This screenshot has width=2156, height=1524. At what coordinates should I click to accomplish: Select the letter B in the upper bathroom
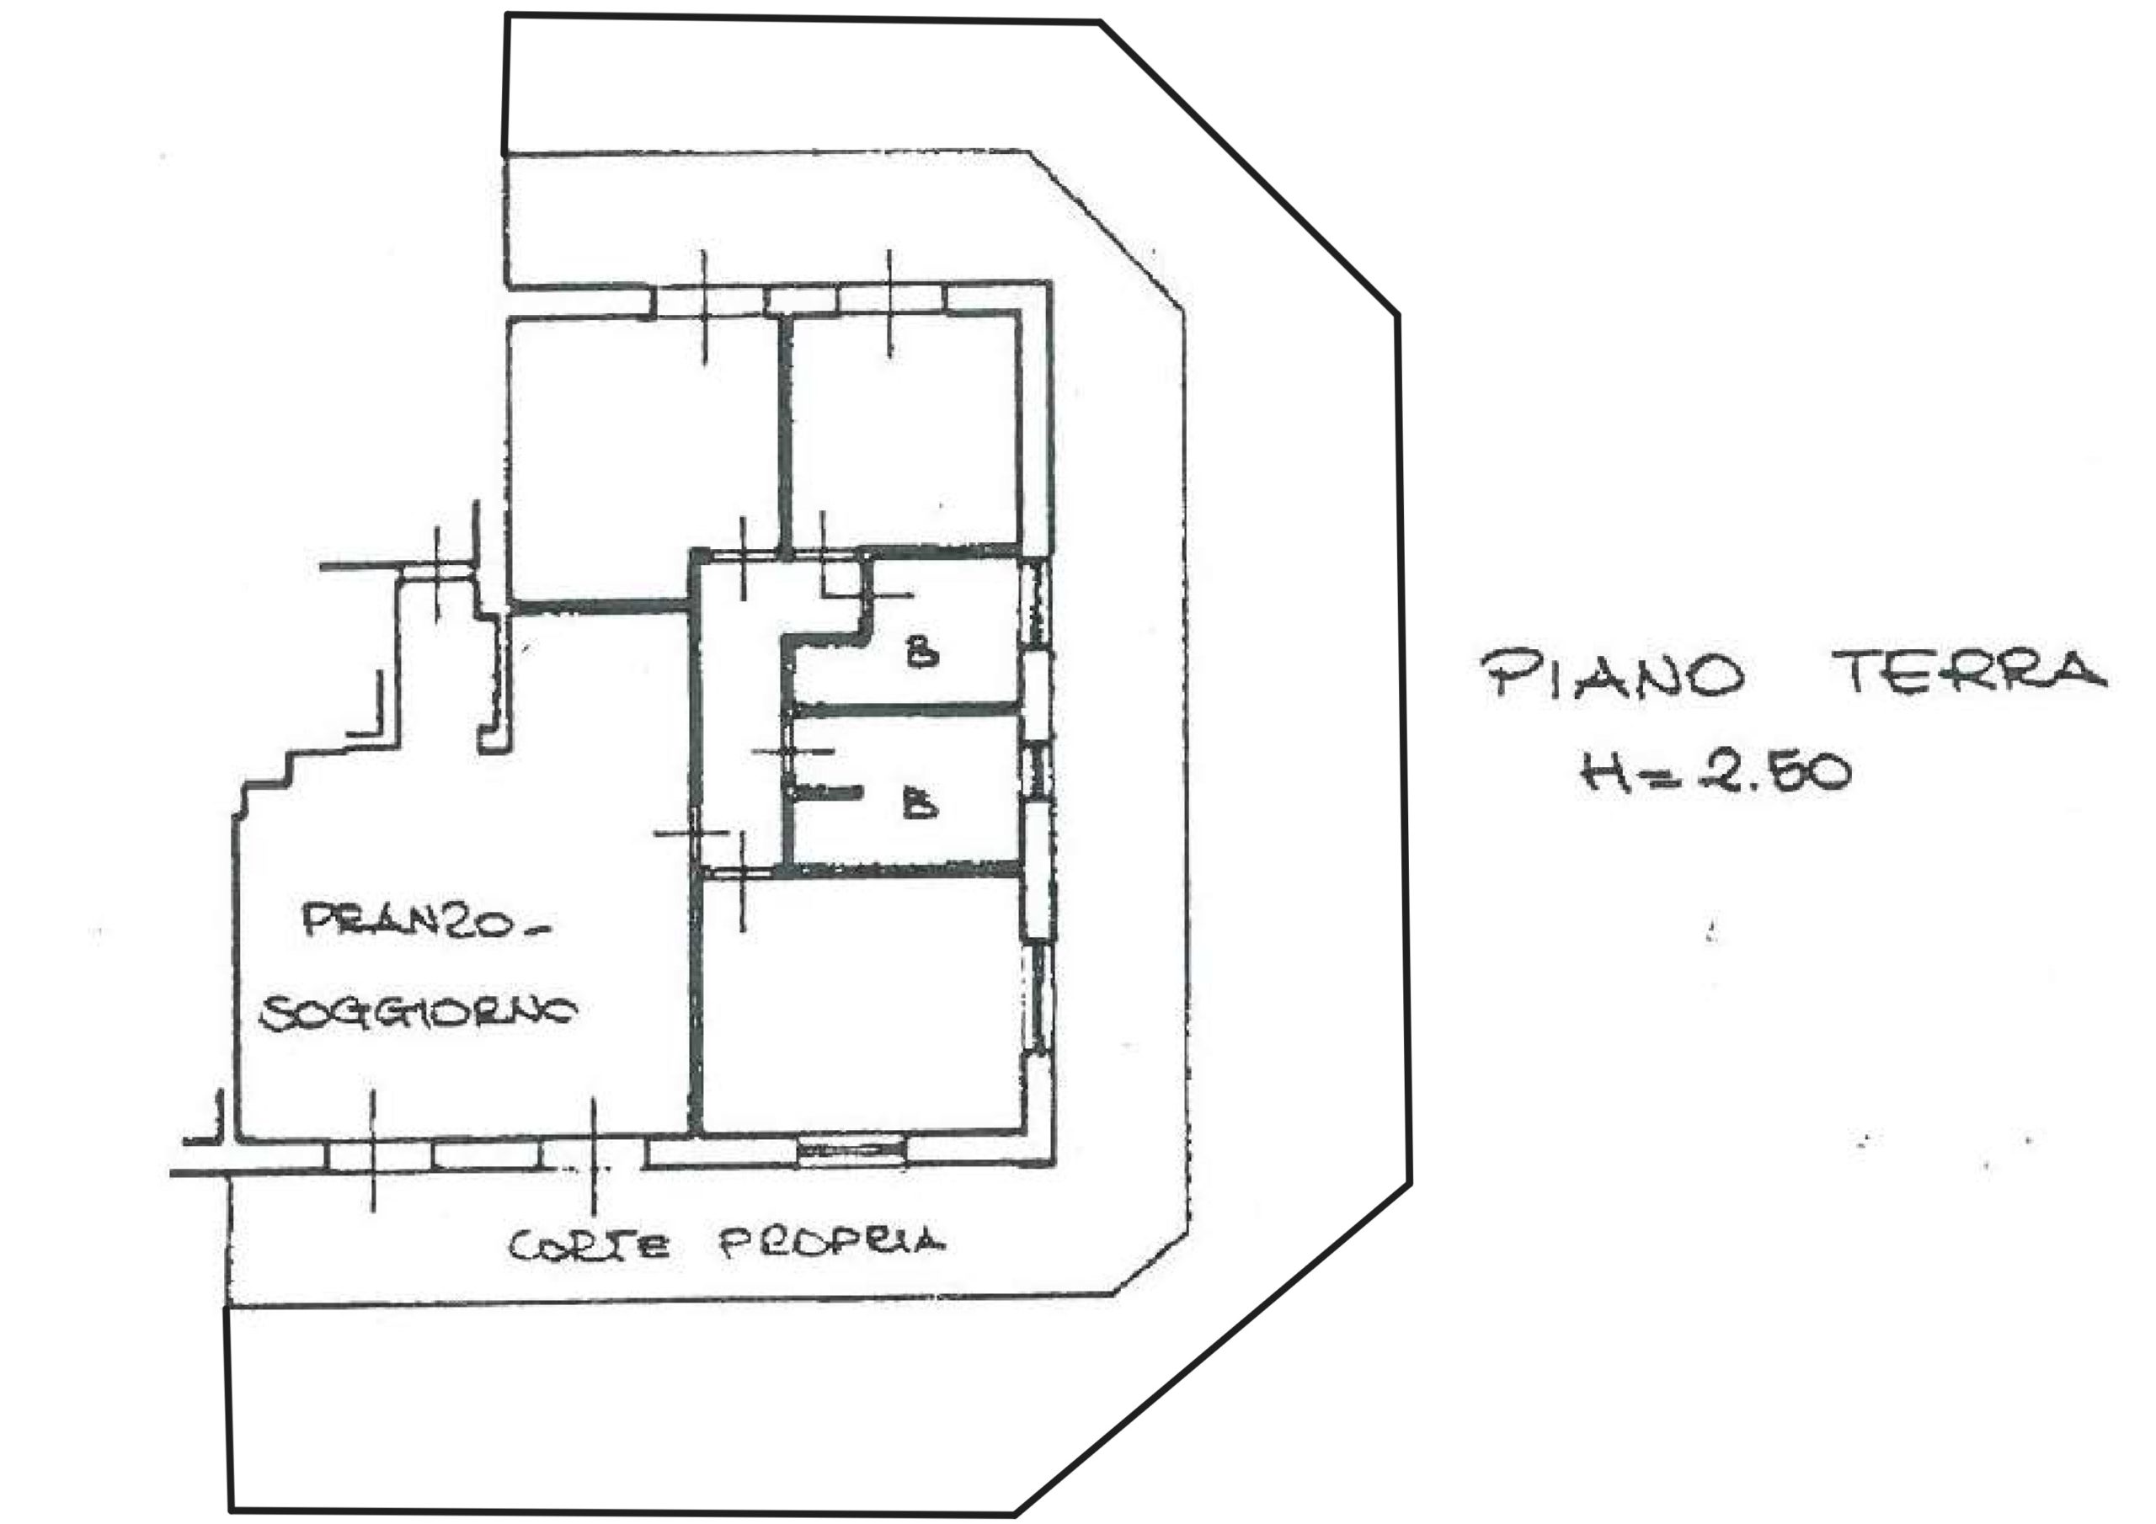pyautogui.click(x=922, y=652)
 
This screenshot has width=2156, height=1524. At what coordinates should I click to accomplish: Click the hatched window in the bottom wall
pyautogui.click(x=851, y=1151)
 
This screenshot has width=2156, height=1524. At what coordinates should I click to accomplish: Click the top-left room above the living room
pyautogui.click(x=643, y=460)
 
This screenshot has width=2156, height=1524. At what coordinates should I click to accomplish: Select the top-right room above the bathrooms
pyautogui.click(x=905, y=430)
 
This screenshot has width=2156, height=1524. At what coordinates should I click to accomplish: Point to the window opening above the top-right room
pyautogui.click(x=889, y=299)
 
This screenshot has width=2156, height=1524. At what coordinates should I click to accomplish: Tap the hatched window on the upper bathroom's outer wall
pyautogui.click(x=1034, y=602)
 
